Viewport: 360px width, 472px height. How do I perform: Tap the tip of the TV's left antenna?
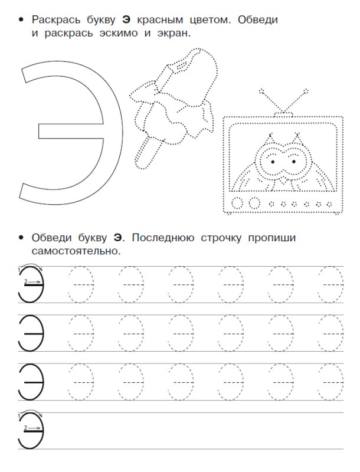[x=260, y=91]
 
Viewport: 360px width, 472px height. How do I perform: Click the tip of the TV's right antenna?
[x=306, y=91]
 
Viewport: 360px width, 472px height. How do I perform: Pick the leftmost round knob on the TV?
[x=239, y=204]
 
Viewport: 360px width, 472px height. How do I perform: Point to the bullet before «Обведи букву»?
[x=22, y=238]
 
